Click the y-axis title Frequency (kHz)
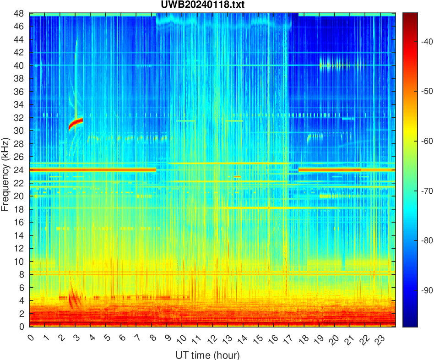click(5, 175)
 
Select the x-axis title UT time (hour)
click(207, 355)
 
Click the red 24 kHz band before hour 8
click(92, 170)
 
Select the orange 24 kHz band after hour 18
click(330, 170)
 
